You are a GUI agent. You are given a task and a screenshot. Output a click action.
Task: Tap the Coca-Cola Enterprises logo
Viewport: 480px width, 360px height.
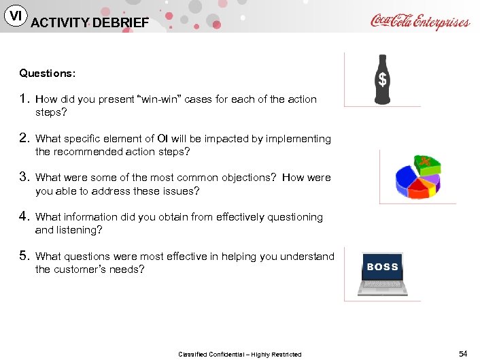coord(420,21)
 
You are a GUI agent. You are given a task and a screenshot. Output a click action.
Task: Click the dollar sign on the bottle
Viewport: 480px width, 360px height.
coord(383,80)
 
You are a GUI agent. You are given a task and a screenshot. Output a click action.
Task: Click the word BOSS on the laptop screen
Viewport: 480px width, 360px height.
coord(382,267)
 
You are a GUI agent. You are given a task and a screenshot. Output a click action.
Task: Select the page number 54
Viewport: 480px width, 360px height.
coord(463,353)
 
